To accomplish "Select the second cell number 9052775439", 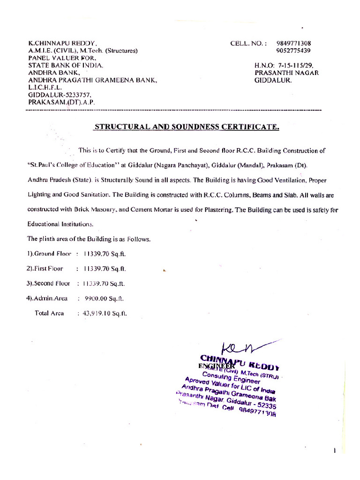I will [294, 51].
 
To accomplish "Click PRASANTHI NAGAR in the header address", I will [286, 73].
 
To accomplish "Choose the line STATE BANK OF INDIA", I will [66, 66].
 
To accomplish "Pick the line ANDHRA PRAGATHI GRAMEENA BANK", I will [92, 80].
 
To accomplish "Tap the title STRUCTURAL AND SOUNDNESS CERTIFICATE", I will [187, 127].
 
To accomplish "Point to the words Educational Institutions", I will [60, 224].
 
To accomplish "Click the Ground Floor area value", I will [105, 254].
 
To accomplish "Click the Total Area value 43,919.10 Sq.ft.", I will [105, 313].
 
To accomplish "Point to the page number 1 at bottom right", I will [335, 450].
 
